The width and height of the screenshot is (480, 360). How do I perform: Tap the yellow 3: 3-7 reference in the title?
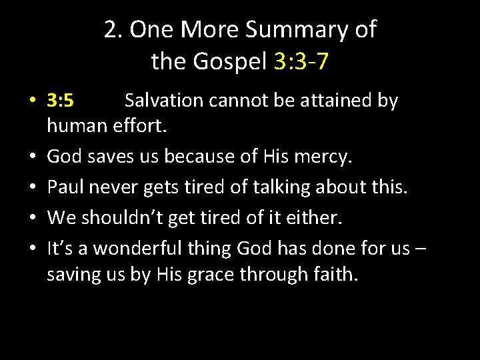[301, 62]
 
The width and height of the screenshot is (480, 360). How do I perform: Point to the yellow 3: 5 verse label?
[61, 101]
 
